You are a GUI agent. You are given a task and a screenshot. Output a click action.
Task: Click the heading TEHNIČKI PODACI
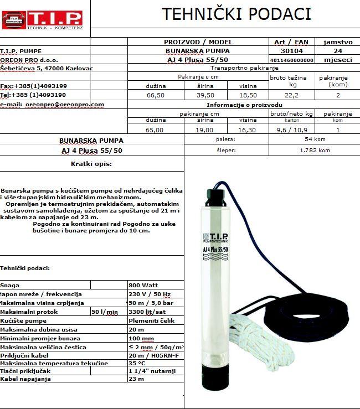point(236,14)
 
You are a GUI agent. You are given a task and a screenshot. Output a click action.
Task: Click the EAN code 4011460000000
point(291,60)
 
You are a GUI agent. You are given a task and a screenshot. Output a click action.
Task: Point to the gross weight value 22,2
point(291,95)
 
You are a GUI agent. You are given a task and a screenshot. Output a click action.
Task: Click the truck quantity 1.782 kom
point(315,150)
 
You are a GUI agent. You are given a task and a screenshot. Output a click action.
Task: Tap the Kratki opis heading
point(91,164)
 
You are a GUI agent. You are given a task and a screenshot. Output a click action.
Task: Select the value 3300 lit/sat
point(148,312)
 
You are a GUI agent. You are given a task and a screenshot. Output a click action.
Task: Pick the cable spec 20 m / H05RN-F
point(153,354)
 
